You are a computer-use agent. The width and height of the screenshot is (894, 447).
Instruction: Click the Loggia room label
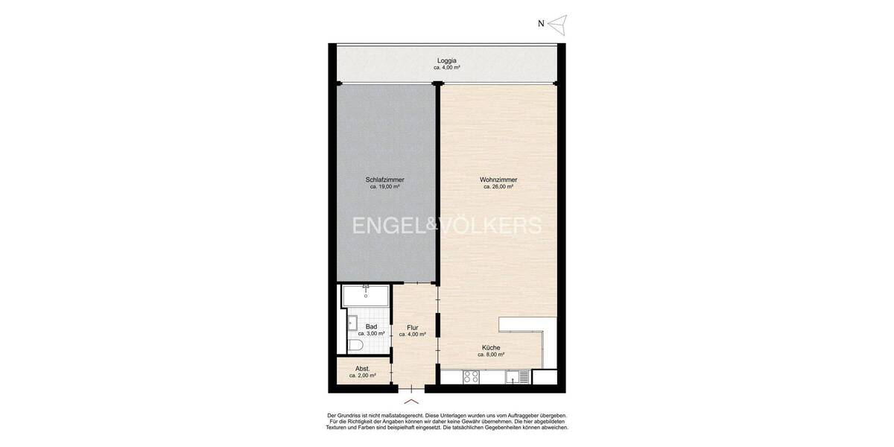(x=447, y=60)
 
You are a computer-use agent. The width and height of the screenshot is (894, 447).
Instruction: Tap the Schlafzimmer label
(x=384, y=180)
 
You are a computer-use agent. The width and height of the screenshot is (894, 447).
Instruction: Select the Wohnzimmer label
(x=498, y=180)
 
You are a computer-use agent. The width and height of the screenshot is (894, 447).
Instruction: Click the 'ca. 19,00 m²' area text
(x=384, y=187)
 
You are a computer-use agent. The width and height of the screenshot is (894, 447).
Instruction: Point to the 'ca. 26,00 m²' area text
(x=498, y=187)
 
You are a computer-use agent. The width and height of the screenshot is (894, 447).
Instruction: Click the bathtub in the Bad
(x=365, y=297)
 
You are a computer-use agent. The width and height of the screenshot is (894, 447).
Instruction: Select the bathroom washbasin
(x=352, y=323)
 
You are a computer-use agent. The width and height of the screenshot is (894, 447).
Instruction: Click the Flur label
(x=412, y=327)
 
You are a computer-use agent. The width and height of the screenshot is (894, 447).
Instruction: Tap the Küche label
(x=490, y=347)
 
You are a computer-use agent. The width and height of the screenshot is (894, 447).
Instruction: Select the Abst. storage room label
(x=362, y=369)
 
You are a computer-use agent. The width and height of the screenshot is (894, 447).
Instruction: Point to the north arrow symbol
(x=559, y=24)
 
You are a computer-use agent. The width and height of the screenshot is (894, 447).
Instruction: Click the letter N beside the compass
(x=541, y=24)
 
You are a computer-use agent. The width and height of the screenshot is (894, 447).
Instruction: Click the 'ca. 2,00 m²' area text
(x=362, y=375)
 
